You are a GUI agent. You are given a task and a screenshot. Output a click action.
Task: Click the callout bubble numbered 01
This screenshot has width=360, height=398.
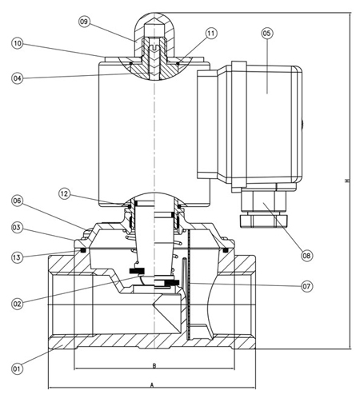(x=17, y=368)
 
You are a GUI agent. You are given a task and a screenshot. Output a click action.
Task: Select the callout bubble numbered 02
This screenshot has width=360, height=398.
(x=17, y=302)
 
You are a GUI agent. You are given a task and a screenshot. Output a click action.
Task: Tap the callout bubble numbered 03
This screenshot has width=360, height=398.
(x=17, y=228)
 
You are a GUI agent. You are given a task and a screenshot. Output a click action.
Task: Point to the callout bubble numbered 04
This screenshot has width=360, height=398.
(x=17, y=78)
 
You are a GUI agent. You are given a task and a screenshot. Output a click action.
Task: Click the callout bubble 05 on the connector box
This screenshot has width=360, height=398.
(x=267, y=33)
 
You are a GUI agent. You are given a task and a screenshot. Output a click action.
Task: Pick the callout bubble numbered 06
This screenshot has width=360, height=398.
(x=17, y=201)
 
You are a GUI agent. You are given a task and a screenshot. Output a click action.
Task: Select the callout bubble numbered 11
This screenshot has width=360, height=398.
(x=210, y=33)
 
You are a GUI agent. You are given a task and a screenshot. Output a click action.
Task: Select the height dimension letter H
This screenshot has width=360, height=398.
(x=346, y=181)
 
